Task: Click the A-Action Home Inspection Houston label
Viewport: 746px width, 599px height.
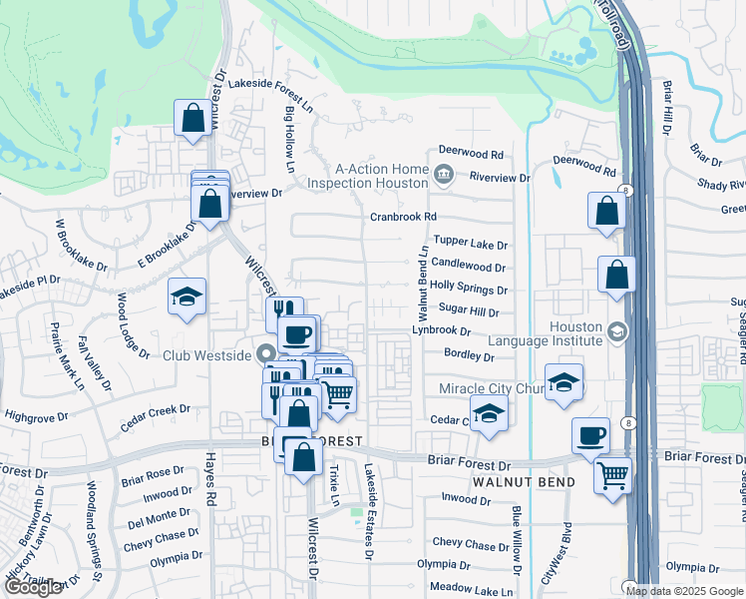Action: click(x=368, y=176)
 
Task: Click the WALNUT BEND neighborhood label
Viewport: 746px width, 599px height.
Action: click(x=524, y=482)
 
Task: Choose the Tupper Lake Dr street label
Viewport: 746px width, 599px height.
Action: click(x=471, y=245)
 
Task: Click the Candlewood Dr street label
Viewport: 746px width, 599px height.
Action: click(x=468, y=267)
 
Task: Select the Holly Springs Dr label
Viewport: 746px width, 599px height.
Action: click(x=468, y=290)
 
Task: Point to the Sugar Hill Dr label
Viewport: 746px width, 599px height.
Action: click(x=468, y=312)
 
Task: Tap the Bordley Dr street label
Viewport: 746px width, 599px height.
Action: click(x=469, y=355)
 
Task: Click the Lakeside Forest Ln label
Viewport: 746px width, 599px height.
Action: click(x=271, y=85)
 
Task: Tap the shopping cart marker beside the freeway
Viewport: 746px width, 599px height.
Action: click(x=612, y=474)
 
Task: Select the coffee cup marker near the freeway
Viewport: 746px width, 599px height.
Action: click(x=591, y=434)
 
